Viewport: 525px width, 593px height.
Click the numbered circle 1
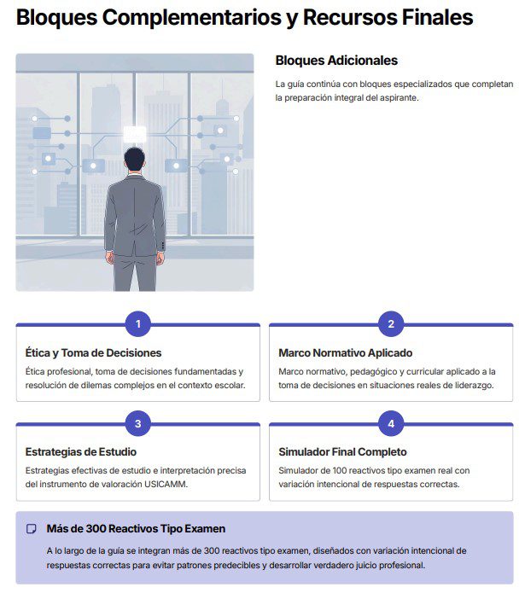click(138, 323)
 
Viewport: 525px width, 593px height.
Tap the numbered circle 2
click(391, 323)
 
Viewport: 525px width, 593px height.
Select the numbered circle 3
click(138, 423)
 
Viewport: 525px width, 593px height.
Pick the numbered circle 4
click(391, 423)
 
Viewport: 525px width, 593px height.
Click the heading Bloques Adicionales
click(336, 61)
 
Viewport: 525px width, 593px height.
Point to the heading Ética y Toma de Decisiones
click(94, 352)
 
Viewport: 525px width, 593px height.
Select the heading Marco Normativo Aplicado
click(345, 352)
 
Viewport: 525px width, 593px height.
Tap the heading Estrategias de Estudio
click(81, 451)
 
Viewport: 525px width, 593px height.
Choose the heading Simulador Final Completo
click(342, 451)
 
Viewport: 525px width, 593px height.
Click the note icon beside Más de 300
click(32, 529)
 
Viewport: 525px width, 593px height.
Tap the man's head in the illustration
click(135, 158)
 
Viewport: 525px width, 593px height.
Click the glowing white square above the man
click(135, 133)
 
